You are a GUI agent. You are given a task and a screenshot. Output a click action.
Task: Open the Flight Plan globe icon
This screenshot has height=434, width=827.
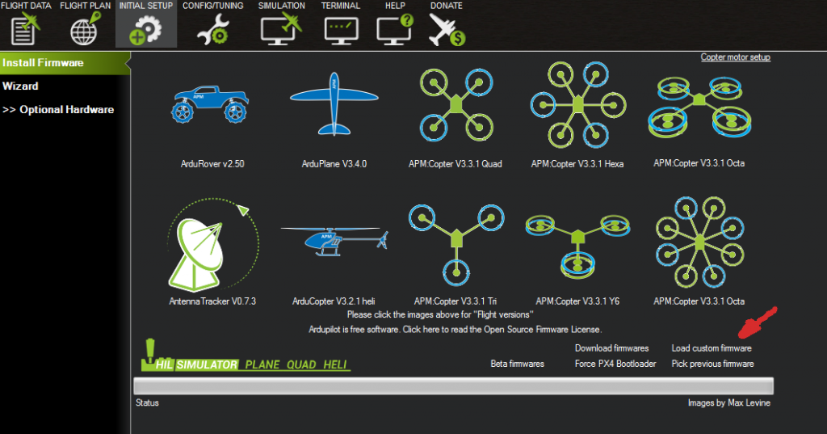click(84, 30)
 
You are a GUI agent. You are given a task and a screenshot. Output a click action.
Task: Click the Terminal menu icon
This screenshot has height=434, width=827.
click(340, 30)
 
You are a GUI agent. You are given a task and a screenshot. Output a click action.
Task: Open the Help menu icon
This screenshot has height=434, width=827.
click(394, 30)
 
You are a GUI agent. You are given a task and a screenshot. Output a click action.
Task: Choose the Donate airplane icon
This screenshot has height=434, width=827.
click(447, 30)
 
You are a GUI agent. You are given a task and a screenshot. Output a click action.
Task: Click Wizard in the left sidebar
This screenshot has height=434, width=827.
click(20, 86)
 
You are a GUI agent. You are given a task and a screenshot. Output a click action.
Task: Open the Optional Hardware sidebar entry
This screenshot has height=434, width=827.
click(58, 109)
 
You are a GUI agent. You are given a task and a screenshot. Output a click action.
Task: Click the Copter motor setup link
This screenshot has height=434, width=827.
click(735, 57)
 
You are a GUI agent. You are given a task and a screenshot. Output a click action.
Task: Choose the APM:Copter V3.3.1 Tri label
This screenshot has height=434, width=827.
click(455, 301)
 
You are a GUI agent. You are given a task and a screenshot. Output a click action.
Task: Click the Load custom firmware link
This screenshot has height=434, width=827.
click(712, 348)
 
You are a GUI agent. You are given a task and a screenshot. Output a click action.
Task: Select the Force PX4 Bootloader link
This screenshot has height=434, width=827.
click(615, 364)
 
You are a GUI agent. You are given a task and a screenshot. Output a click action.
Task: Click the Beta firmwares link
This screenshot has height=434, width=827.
click(518, 364)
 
